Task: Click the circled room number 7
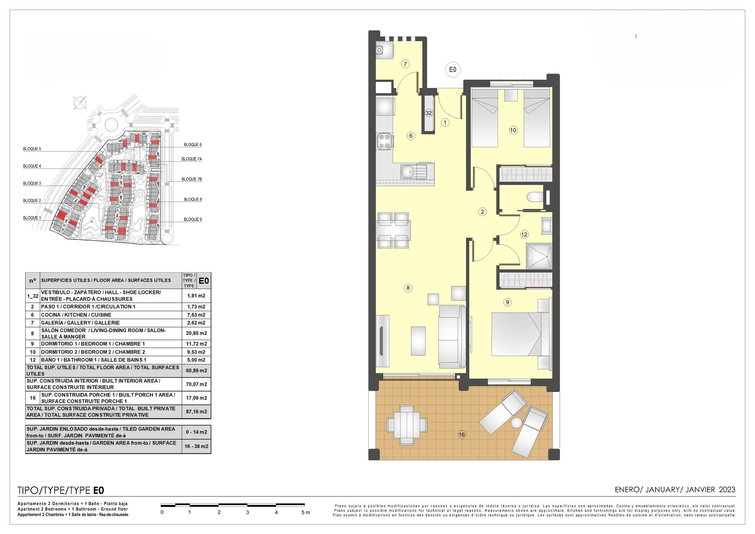pyautogui.click(x=405, y=64)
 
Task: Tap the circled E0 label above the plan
pyautogui.click(x=453, y=69)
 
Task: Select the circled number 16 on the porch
pyautogui.click(x=462, y=435)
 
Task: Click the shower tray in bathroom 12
pyautogui.click(x=539, y=256)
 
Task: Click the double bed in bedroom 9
pyautogui.click(x=520, y=334)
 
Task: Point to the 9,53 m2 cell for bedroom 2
pyautogui.click(x=196, y=352)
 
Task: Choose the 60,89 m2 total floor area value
pyautogui.click(x=196, y=371)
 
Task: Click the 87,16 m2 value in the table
pyautogui.click(x=196, y=412)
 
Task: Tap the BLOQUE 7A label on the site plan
pyautogui.click(x=192, y=159)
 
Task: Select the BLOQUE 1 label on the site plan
pyautogui.click(x=32, y=218)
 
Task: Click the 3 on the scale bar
pyautogui.click(x=247, y=512)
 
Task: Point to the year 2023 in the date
pyautogui.click(x=727, y=490)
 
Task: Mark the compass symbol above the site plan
pyautogui.click(x=80, y=103)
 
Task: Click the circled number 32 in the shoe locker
pyautogui.click(x=429, y=113)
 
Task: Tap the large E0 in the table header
pyautogui.click(x=204, y=281)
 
